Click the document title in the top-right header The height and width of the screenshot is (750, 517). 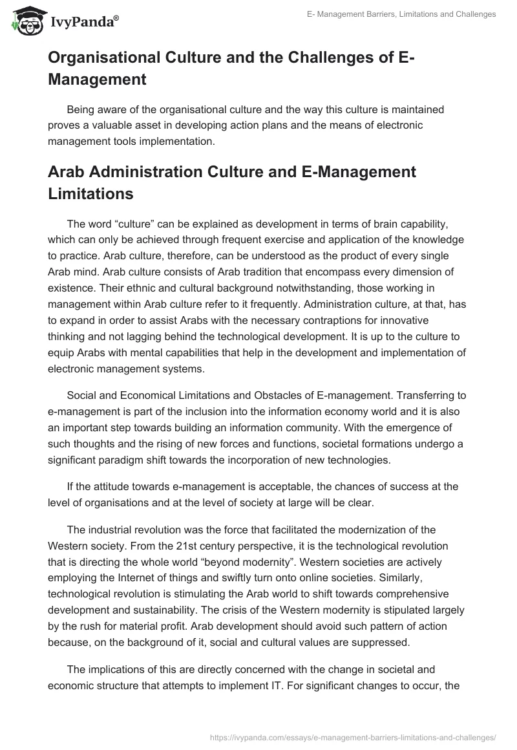coord(401,14)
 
